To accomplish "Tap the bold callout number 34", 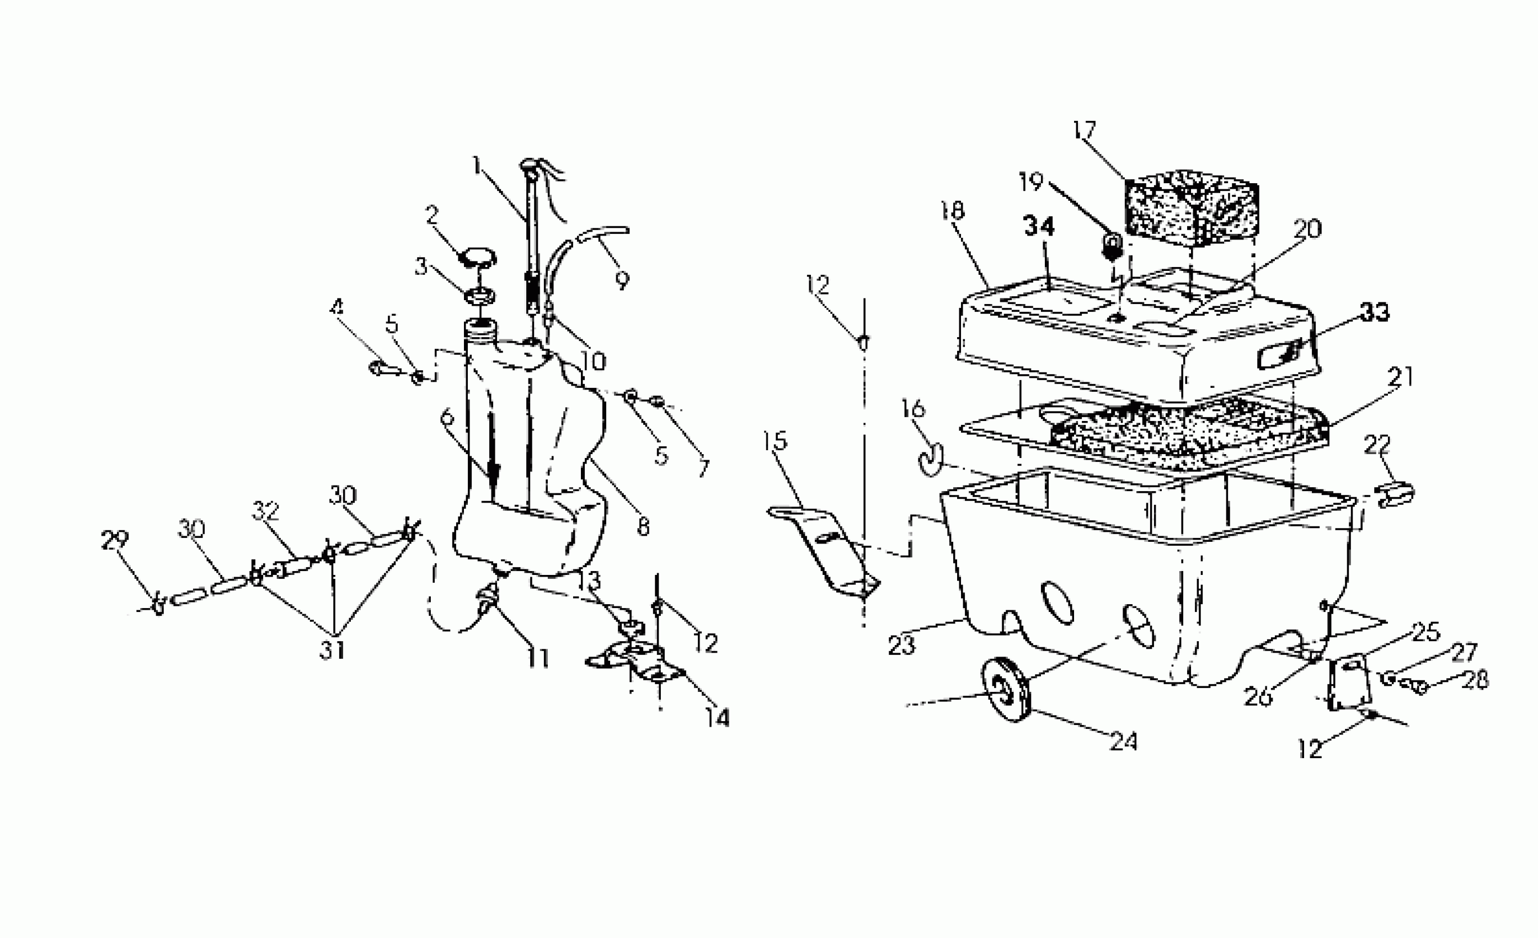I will pos(1039,227).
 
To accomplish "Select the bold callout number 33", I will pos(1375,312).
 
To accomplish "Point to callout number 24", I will pos(1124,741).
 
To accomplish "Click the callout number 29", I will pos(115,540).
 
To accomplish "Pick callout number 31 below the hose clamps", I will pos(332,650).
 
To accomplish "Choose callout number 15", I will pos(775,441).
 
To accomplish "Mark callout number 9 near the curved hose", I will pos(622,280).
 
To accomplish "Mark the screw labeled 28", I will pos(1418,688).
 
